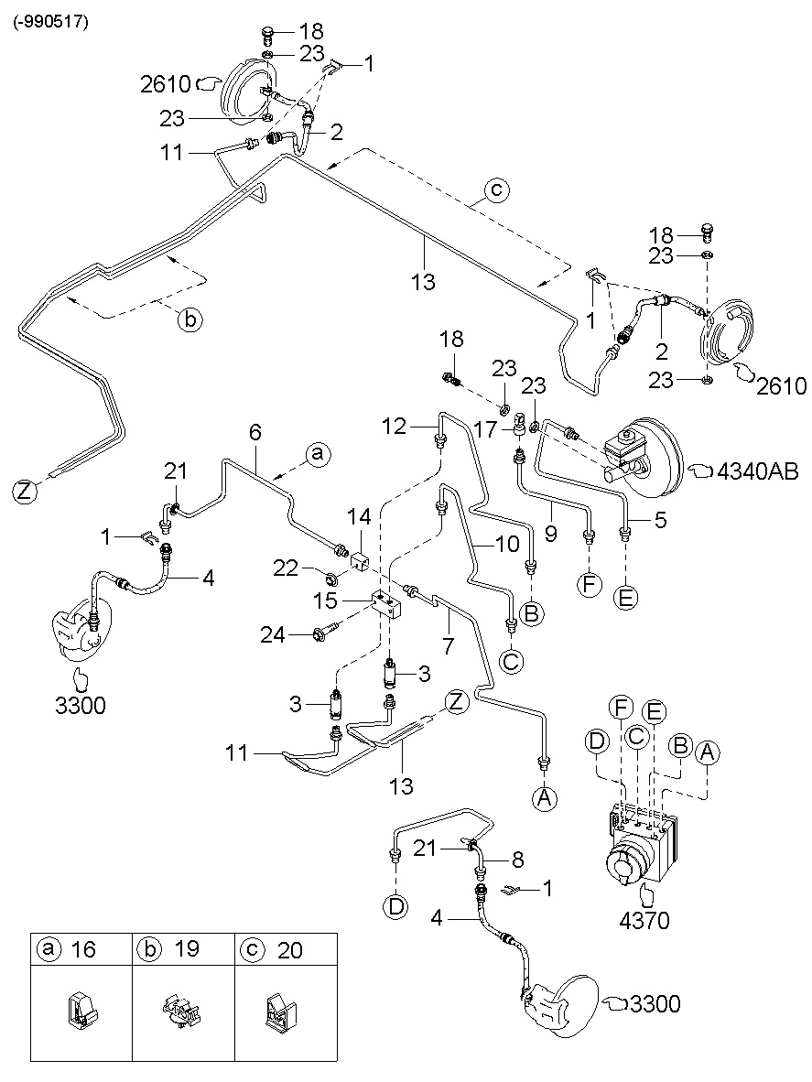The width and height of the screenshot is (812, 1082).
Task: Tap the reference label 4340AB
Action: pos(758,472)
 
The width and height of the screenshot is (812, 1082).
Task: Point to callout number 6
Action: pos(255,431)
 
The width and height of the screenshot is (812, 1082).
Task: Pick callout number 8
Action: pos(517,860)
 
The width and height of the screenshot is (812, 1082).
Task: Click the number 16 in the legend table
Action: pos(82,949)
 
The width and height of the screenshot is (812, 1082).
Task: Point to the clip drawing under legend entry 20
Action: pos(282,1012)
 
